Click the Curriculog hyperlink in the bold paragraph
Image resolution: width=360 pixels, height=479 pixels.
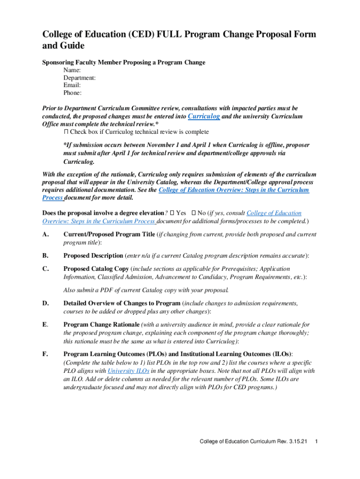click(204, 116)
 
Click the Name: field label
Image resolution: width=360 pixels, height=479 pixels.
click(72, 70)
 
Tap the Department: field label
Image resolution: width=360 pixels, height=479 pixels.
click(80, 78)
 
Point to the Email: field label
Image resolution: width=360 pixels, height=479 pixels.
click(72, 85)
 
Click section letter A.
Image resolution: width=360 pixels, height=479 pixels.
click(45, 234)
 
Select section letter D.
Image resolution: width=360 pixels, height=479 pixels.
click(45, 304)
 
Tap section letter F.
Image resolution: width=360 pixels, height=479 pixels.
click(45, 354)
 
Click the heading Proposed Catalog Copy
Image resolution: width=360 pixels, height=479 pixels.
click(96, 269)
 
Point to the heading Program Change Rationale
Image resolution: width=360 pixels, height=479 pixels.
click(101, 325)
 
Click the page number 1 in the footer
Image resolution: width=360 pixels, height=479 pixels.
click(317, 442)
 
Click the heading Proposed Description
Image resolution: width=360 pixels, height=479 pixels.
click(93, 255)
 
